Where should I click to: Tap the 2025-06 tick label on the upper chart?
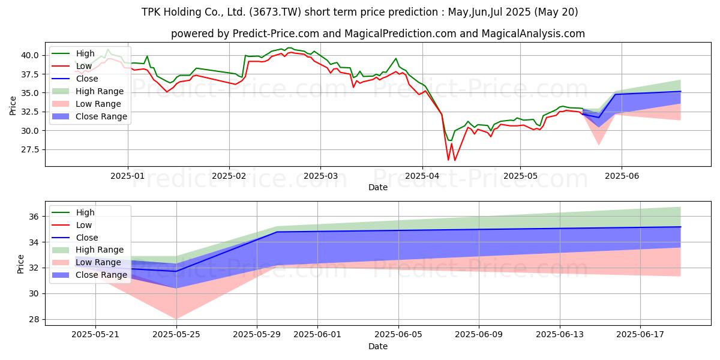[x=622, y=176]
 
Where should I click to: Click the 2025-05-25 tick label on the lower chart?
[x=176, y=334]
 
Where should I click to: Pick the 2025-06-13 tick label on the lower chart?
[x=560, y=334]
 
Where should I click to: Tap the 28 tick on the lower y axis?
[x=35, y=319]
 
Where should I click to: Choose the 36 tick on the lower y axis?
[x=35, y=217]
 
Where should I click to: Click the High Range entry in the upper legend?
[x=100, y=91]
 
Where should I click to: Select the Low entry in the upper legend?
[x=84, y=66]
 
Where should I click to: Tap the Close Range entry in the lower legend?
[x=101, y=275]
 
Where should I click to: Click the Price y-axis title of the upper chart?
[x=13, y=105]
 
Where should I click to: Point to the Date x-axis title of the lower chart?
[x=378, y=346]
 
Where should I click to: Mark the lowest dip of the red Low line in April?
[x=448, y=160]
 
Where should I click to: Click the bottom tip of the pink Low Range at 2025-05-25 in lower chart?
[x=176, y=319]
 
